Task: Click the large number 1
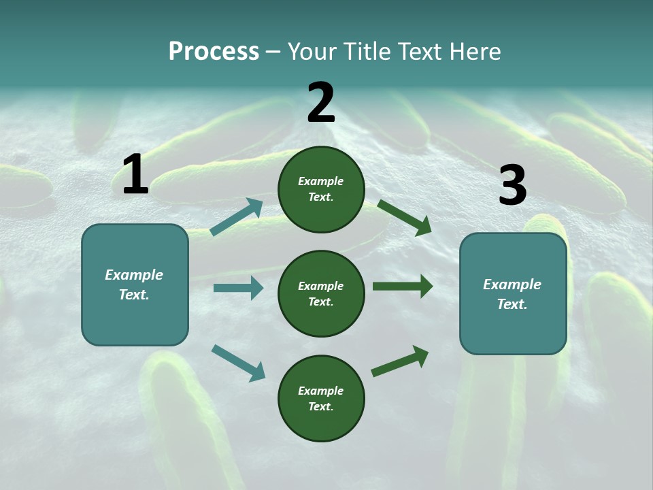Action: pyautogui.click(x=135, y=175)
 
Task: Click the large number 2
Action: pyautogui.click(x=321, y=103)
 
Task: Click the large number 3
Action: pyautogui.click(x=512, y=186)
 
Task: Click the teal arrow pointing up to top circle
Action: pyautogui.click(x=237, y=216)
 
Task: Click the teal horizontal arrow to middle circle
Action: pyautogui.click(x=238, y=288)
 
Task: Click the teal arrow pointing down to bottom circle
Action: pyautogui.click(x=238, y=363)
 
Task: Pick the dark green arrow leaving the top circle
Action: pyautogui.click(x=404, y=217)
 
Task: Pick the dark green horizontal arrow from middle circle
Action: pyautogui.click(x=402, y=287)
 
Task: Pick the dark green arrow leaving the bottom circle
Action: pyautogui.click(x=400, y=361)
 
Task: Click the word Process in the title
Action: pyautogui.click(x=214, y=51)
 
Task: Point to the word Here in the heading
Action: pyautogui.click(x=474, y=51)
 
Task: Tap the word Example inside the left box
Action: pyautogui.click(x=134, y=275)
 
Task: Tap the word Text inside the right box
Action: pyautogui.click(x=512, y=304)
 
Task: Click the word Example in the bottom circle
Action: pyautogui.click(x=320, y=391)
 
